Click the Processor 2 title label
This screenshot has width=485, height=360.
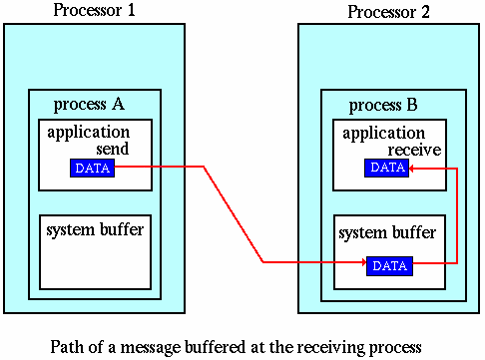pyautogui.click(x=389, y=12)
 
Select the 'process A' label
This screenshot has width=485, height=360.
pyautogui.click(x=91, y=105)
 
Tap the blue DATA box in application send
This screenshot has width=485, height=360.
pyautogui.click(x=92, y=168)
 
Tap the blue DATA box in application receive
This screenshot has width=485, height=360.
pyautogui.click(x=387, y=168)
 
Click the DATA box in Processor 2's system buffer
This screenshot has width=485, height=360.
pyautogui.click(x=388, y=265)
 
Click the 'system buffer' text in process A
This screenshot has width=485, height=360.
pyautogui.click(x=95, y=230)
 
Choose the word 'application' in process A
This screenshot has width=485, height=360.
pyautogui.click(x=88, y=132)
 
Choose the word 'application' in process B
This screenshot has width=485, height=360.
pyautogui.click(x=383, y=132)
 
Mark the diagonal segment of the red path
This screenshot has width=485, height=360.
pyautogui.click(x=234, y=214)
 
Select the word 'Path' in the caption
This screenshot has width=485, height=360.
pyautogui.click(x=67, y=346)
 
